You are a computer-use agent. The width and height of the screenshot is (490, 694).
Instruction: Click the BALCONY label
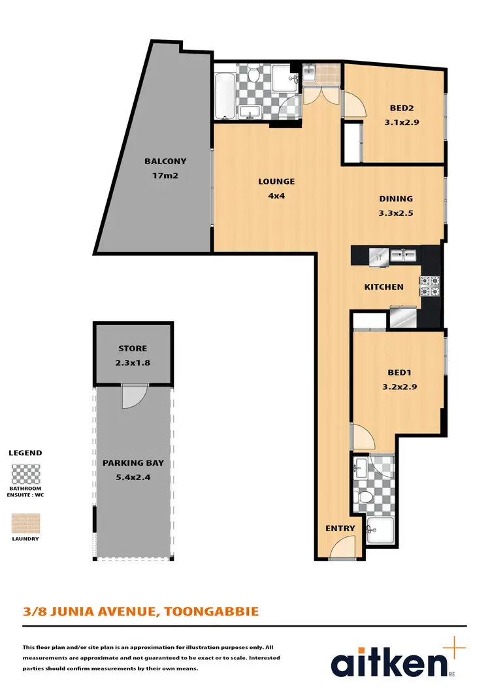click(x=165, y=162)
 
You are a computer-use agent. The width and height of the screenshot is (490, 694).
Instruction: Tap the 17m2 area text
click(x=165, y=175)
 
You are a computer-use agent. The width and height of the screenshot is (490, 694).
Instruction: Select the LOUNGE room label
click(x=276, y=182)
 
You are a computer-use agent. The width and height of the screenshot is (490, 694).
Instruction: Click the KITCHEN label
click(x=384, y=287)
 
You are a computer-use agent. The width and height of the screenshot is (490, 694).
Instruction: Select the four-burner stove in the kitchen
click(x=431, y=286)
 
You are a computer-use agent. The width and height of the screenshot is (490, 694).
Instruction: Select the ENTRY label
click(x=340, y=529)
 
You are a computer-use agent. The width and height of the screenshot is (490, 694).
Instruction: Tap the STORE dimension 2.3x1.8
click(x=133, y=362)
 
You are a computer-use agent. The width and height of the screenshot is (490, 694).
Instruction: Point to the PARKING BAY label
click(x=133, y=464)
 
